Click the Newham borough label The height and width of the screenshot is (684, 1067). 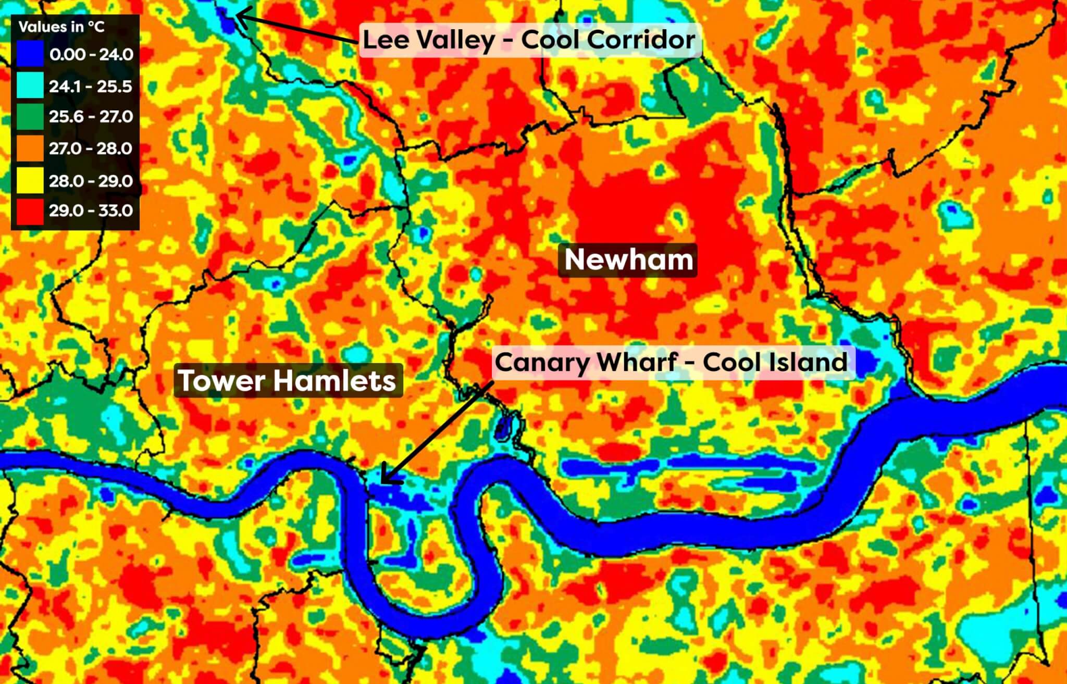pyautogui.click(x=628, y=259)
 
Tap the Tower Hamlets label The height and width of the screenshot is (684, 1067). pyautogui.click(x=288, y=380)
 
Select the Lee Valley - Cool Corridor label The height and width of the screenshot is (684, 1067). pyautogui.click(x=529, y=40)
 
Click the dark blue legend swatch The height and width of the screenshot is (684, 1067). pyautogui.click(x=30, y=54)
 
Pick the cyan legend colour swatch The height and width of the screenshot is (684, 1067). pyautogui.click(x=30, y=86)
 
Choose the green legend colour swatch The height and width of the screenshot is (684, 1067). pyautogui.click(x=30, y=117)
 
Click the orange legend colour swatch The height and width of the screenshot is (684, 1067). pyautogui.click(x=30, y=148)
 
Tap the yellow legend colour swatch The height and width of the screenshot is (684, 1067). pyautogui.click(x=30, y=181)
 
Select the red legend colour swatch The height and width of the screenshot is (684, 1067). pyautogui.click(x=30, y=211)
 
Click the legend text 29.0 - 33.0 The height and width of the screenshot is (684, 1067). pyautogui.click(x=91, y=211)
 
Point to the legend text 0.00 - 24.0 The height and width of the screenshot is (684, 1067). pyautogui.click(x=91, y=54)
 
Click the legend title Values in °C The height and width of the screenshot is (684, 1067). pyautogui.click(x=61, y=27)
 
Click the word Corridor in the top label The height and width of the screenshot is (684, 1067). pyautogui.click(x=646, y=40)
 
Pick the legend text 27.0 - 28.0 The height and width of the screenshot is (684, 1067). pyautogui.click(x=91, y=148)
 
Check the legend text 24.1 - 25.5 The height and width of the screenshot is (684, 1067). pyautogui.click(x=91, y=86)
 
